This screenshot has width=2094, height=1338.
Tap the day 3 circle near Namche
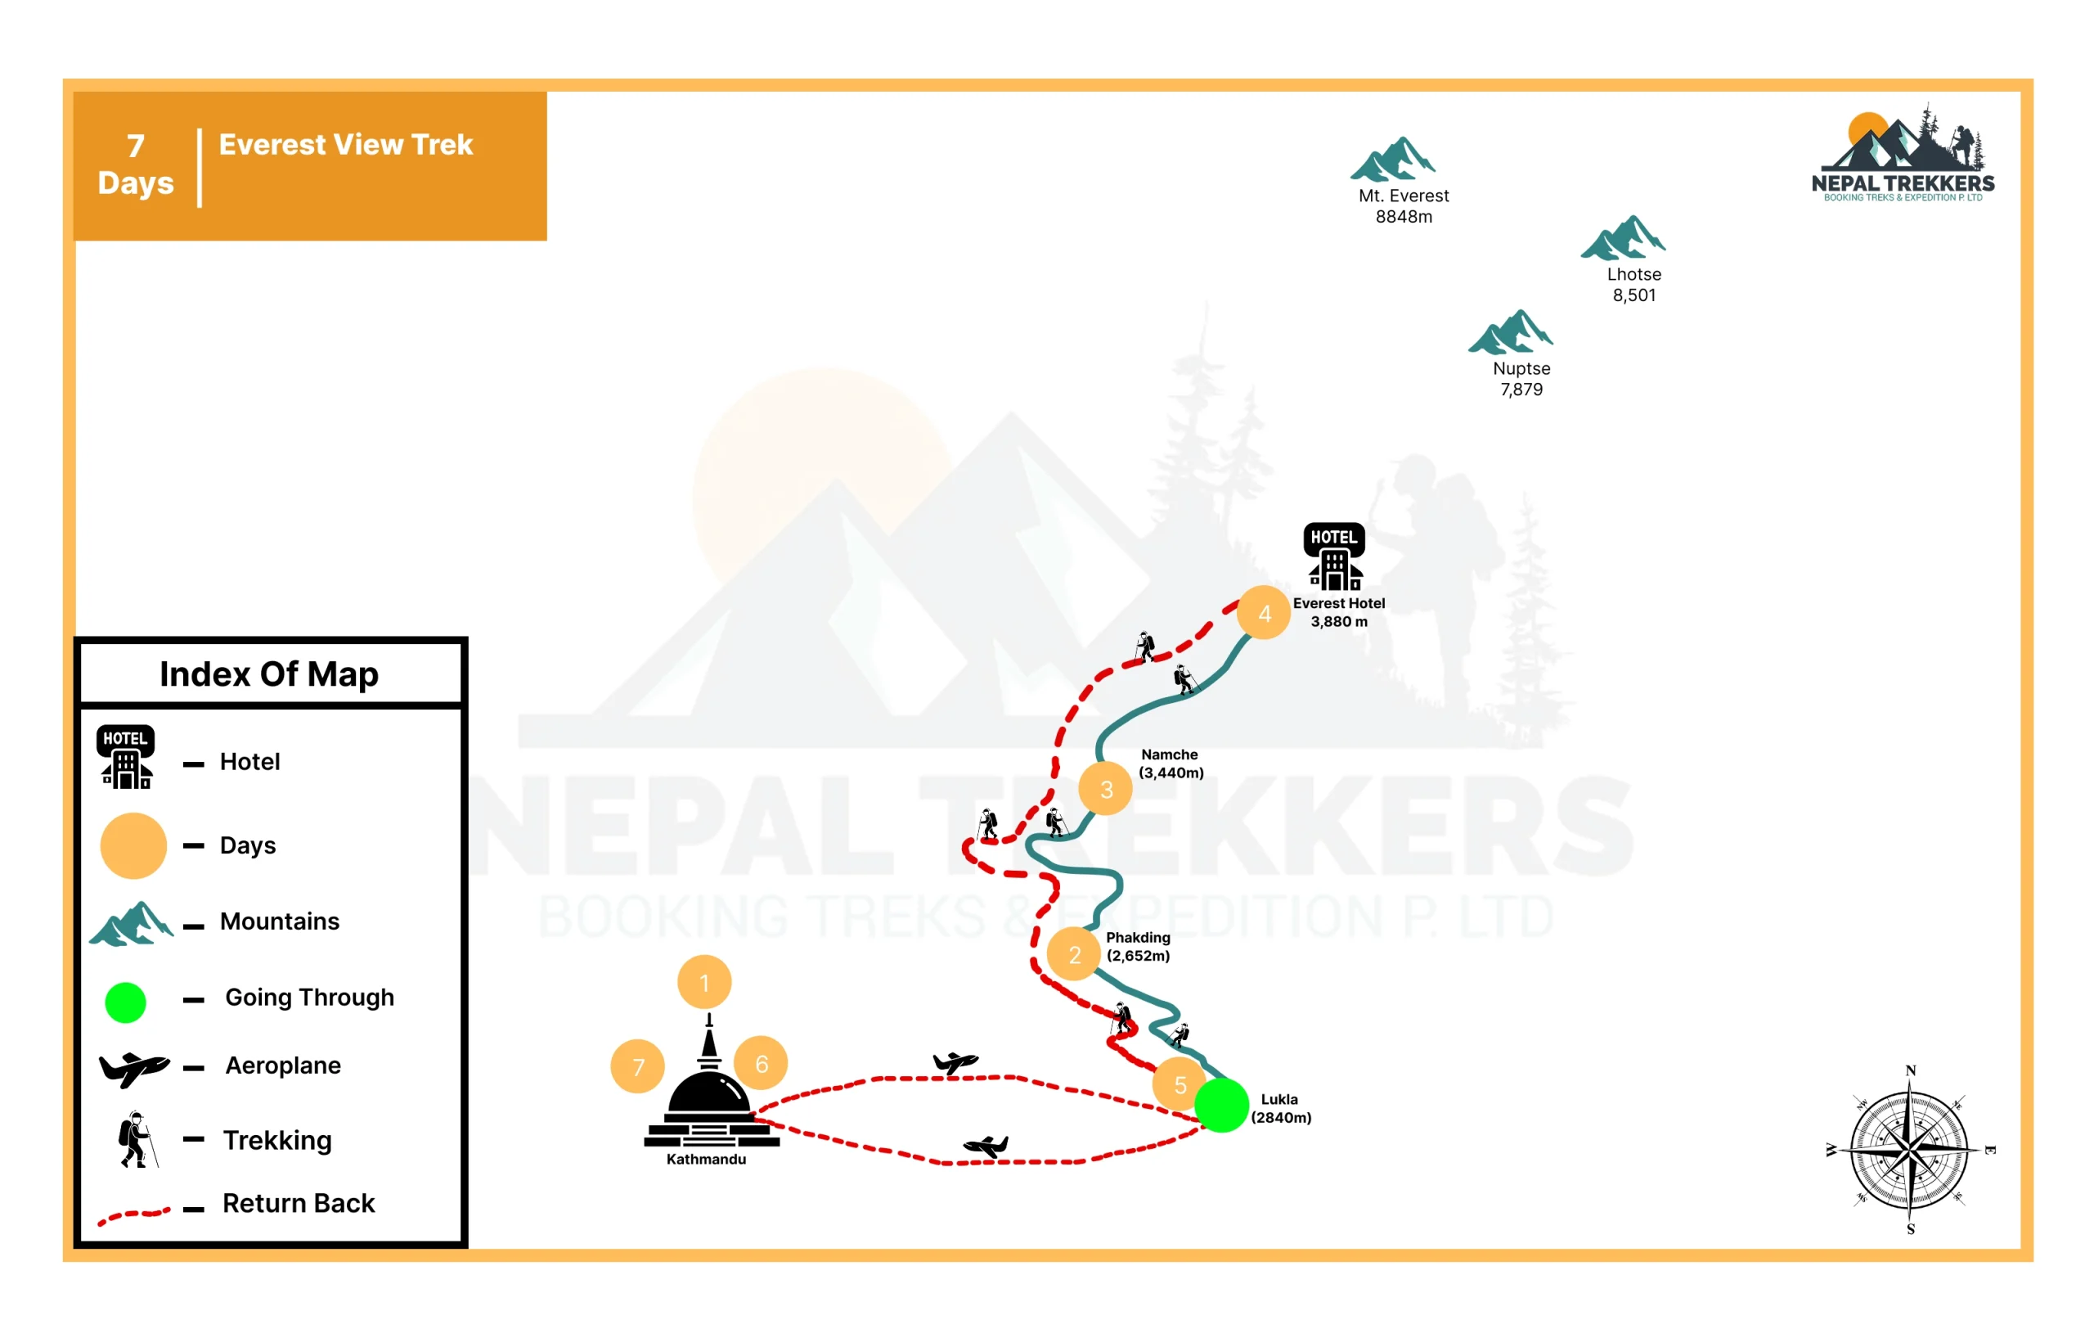click(x=1105, y=788)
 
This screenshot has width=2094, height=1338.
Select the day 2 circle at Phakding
click(x=1074, y=954)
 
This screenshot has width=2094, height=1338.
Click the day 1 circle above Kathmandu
click(x=704, y=982)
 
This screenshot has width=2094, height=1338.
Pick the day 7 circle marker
click(x=637, y=1065)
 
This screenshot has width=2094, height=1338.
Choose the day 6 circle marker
click(x=761, y=1063)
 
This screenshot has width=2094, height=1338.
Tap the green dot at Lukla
click(x=1222, y=1105)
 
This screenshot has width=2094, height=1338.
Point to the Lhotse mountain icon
click(x=1623, y=237)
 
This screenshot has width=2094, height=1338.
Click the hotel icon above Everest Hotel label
click(x=1334, y=556)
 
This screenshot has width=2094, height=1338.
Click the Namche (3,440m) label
click(x=1171, y=763)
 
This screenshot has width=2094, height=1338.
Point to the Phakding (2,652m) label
click(x=1138, y=946)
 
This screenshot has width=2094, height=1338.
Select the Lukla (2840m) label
click(x=1281, y=1107)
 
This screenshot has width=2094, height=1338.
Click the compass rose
click(x=1910, y=1149)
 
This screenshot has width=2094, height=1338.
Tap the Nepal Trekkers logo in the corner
click(x=1903, y=152)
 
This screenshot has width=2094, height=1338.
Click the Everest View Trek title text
click(x=345, y=143)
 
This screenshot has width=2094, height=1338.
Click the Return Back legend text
click(x=299, y=1202)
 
